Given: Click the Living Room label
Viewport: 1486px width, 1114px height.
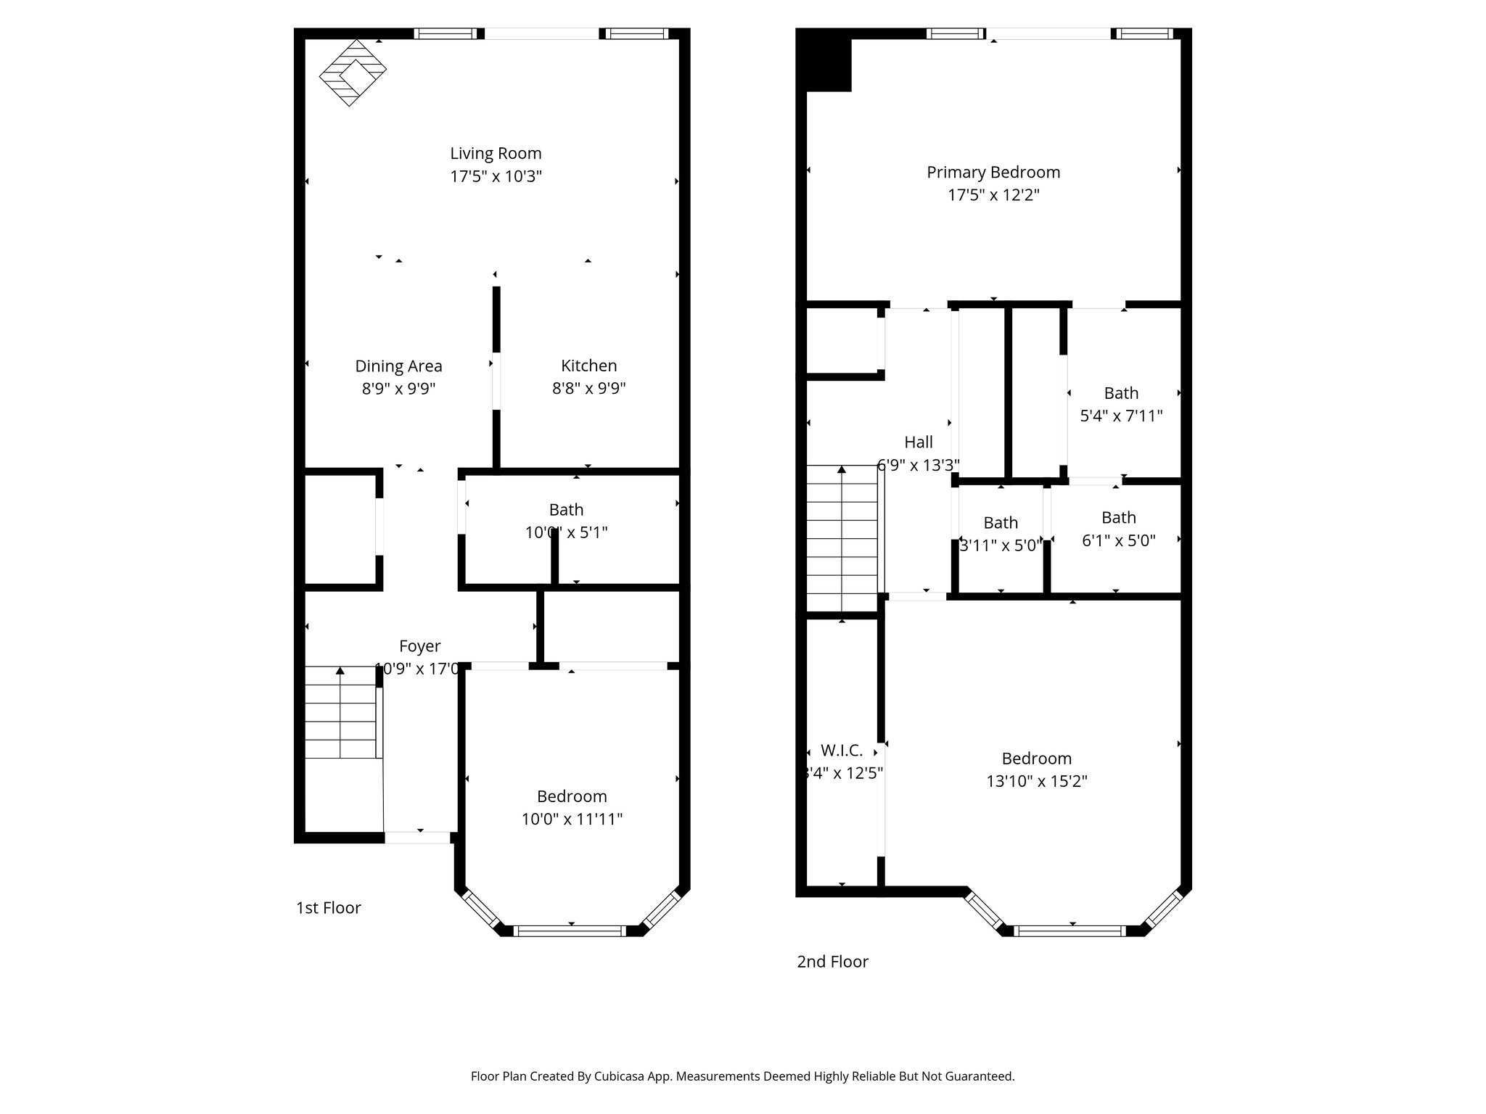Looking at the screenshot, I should [x=496, y=154].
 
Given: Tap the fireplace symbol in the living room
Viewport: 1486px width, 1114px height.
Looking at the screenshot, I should [x=353, y=73].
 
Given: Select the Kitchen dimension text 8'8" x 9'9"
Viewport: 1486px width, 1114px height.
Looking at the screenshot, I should [x=588, y=389].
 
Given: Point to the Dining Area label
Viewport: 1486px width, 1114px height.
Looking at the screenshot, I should [x=398, y=366].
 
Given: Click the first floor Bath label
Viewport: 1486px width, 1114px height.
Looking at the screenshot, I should [x=566, y=510].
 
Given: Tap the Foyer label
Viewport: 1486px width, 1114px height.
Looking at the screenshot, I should [x=419, y=646].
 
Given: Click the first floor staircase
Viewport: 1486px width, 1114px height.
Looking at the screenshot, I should [x=340, y=713].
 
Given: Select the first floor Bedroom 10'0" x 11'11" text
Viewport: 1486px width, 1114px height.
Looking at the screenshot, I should [x=572, y=820].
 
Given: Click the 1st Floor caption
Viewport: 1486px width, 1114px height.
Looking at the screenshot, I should [x=328, y=908].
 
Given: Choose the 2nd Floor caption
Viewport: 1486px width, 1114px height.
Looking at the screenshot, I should [x=832, y=962].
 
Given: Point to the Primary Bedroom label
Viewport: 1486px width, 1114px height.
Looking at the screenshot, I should [x=993, y=173].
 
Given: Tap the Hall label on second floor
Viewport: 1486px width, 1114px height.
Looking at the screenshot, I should [x=919, y=442].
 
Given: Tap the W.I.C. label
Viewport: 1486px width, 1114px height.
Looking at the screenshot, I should [x=842, y=751].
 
